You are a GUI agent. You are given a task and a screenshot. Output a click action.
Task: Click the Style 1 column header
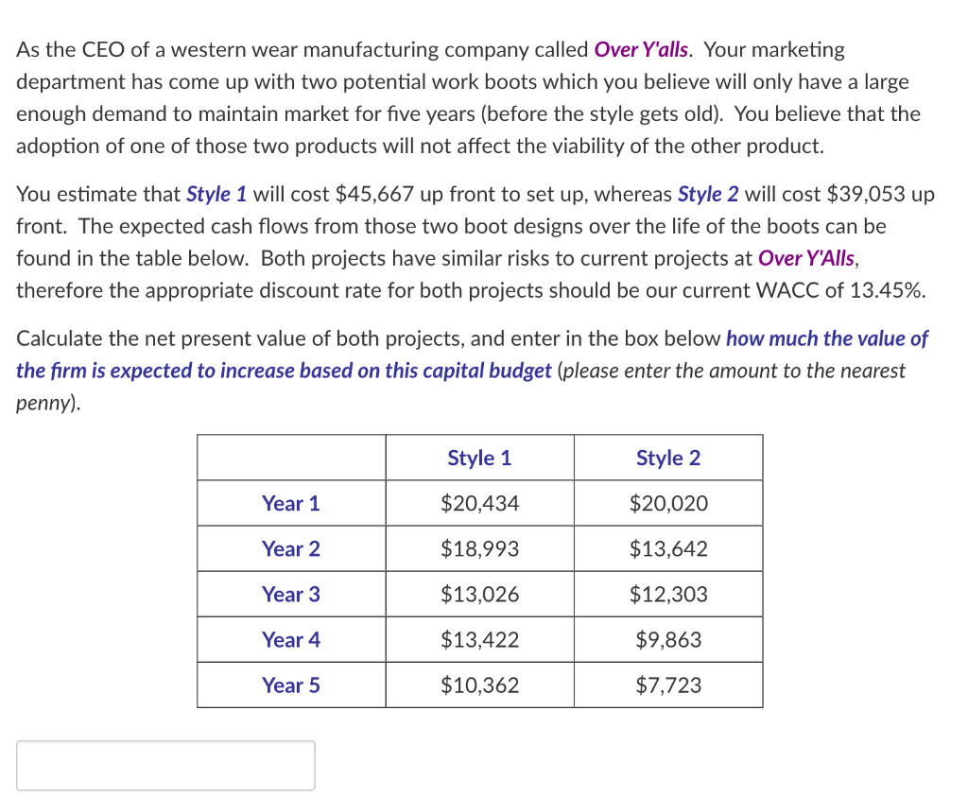[479, 459]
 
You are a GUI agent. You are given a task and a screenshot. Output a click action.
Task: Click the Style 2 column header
[668, 459]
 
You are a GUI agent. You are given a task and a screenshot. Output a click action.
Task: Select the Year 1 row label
[291, 504]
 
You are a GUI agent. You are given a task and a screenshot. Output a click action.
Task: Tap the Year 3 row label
[291, 595]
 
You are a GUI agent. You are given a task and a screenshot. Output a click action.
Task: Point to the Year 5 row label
[291, 685]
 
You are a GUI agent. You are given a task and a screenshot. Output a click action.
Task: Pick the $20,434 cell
[479, 504]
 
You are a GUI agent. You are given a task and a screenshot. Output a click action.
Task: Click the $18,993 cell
[479, 549]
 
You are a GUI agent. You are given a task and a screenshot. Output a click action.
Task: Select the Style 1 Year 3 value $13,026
[479, 595]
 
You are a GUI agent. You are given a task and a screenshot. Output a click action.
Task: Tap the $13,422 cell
[479, 640]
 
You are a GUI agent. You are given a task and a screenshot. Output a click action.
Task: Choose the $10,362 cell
[479, 685]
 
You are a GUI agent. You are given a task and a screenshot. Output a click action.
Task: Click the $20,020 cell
[668, 504]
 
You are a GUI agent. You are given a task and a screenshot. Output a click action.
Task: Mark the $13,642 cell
[668, 549]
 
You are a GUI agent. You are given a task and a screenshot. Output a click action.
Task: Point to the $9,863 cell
[668, 640]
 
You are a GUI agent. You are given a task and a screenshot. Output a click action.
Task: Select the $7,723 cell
[668, 685]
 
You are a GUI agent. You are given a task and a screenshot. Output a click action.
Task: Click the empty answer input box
[165, 765]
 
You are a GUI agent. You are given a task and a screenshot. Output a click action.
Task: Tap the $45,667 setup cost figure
[375, 195]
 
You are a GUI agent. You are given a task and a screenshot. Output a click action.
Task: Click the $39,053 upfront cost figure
[867, 195]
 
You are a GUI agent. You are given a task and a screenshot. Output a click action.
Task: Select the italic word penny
[45, 404]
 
